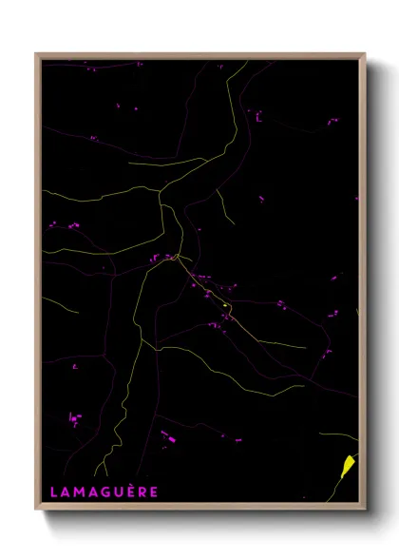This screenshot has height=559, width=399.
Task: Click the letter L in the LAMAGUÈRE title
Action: coord(53,492)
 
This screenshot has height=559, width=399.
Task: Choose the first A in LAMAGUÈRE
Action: coord(66,492)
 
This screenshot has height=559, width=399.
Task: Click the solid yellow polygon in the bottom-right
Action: coord(348,465)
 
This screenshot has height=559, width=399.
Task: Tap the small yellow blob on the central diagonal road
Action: coord(225,303)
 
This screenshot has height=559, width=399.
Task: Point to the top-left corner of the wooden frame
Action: coord(36,54)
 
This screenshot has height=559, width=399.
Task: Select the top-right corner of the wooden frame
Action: coord(365,54)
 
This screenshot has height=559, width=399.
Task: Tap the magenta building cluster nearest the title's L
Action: coord(74,417)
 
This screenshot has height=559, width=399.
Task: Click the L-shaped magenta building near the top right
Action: coord(257,116)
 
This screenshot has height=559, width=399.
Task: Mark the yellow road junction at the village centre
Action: coord(177,257)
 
